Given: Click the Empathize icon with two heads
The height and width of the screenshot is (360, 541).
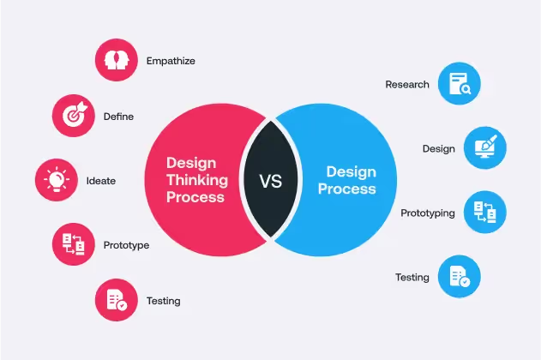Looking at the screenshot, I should (116, 61).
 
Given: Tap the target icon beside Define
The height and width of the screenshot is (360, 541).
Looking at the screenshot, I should (73, 116).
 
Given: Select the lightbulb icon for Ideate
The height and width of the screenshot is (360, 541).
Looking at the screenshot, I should (56, 181).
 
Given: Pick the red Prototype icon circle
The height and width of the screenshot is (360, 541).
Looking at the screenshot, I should (73, 245).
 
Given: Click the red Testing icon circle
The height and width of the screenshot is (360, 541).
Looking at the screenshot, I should (116, 300).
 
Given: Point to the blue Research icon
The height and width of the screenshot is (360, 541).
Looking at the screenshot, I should (459, 85).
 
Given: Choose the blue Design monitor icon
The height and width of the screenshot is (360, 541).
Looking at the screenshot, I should (484, 148).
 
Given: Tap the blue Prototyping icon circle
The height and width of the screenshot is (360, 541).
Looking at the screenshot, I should (484, 213).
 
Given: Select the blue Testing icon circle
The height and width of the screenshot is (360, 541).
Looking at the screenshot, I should (459, 277).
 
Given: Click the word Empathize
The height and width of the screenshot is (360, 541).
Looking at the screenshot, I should (171, 61).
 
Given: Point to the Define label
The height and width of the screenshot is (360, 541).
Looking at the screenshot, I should (118, 116).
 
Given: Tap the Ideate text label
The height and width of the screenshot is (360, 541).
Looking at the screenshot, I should (100, 181).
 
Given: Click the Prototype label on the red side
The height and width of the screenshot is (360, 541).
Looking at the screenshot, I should (126, 245).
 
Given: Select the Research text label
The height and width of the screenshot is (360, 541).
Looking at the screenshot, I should (407, 85).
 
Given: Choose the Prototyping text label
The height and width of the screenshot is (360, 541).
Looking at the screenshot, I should (428, 213).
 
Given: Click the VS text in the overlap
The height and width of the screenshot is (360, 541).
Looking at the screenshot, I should (270, 181).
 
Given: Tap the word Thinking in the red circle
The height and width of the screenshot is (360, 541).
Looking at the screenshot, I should (196, 180).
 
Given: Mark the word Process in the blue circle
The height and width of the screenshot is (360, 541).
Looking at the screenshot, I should (346, 189).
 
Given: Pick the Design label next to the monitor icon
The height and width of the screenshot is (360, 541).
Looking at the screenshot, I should (438, 148).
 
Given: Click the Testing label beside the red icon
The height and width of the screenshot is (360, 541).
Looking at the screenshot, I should (163, 301).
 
